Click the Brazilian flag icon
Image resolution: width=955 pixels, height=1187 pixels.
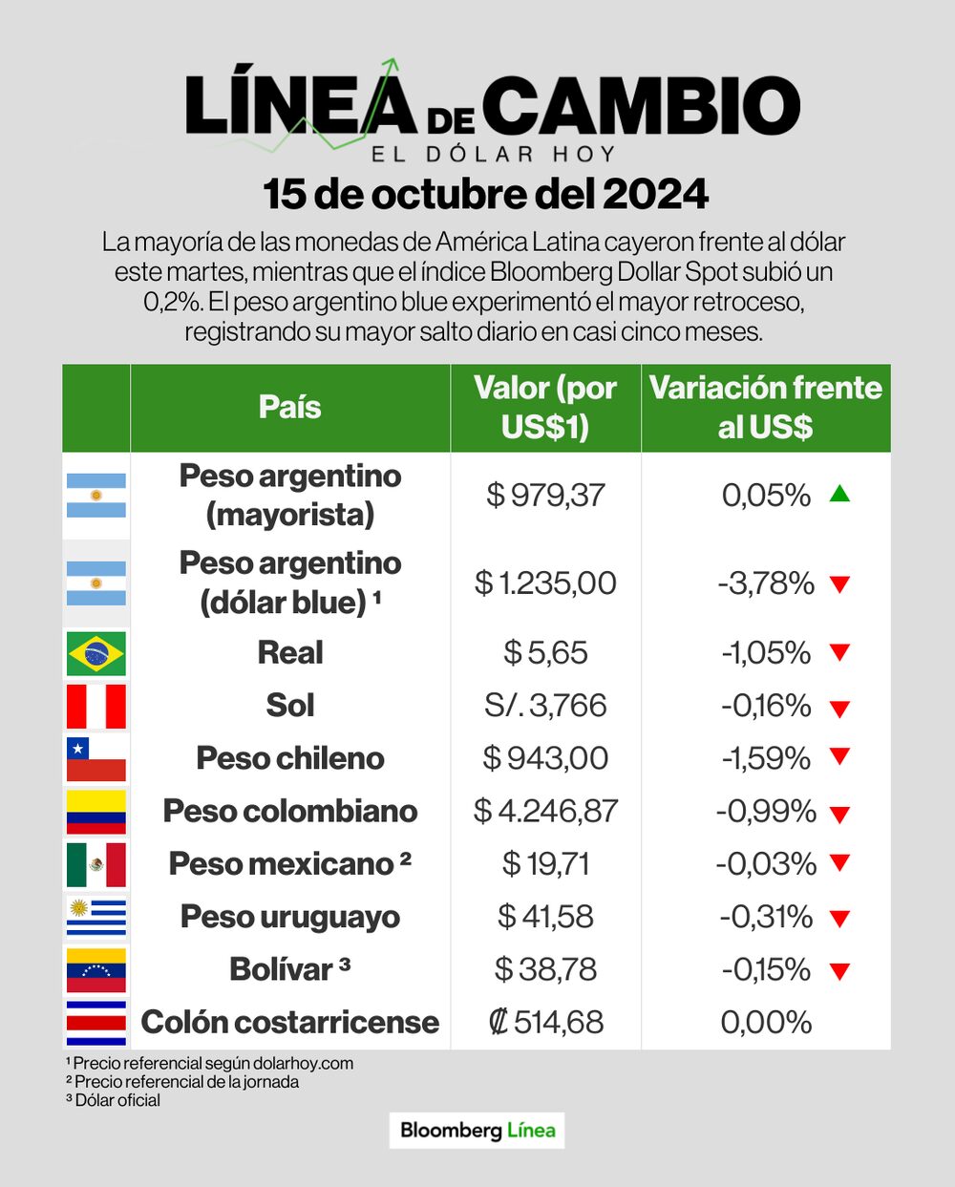coord(95,653)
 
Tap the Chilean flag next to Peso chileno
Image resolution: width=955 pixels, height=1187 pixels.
coord(95,758)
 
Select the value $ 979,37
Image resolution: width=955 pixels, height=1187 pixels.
coord(545,495)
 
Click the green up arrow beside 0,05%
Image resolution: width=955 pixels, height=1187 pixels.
coord(839,494)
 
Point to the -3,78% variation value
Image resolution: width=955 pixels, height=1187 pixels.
coord(766,583)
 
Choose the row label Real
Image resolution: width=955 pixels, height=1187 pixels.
coord(290,653)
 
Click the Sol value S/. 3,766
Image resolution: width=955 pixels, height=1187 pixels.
coord(545,706)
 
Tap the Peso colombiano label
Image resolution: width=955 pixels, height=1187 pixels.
coord(290,811)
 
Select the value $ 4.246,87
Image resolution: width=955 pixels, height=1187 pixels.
coord(545,811)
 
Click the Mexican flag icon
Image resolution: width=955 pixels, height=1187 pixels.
coord(95,864)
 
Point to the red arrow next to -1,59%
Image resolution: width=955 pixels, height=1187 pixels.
coord(839,757)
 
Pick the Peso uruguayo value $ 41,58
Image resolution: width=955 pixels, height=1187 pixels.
coord(545,917)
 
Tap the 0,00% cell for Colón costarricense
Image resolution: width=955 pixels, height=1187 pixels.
coord(766,1022)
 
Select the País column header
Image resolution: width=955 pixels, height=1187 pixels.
coord(290,407)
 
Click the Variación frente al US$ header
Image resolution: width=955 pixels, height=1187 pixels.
coord(766,407)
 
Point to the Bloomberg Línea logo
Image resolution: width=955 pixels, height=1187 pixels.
coord(477,1131)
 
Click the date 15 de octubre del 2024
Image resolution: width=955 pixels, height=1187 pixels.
coord(486,194)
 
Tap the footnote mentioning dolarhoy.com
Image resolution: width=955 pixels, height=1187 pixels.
coord(210,1063)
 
